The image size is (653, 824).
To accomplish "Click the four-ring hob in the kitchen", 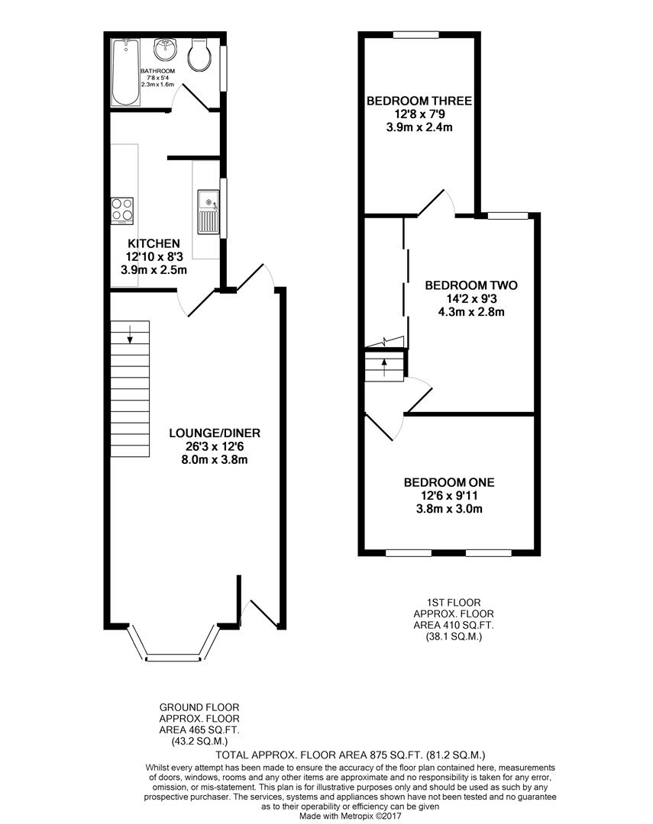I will [122, 209].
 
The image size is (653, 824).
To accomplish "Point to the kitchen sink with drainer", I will [208, 211].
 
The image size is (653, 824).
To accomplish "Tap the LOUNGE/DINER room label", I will [209, 433].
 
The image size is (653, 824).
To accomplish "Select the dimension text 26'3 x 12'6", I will [209, 446].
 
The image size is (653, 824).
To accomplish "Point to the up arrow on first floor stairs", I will [383, 362].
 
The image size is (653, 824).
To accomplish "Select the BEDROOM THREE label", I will [419, 101].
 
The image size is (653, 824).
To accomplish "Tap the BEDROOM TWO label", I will [471, 285].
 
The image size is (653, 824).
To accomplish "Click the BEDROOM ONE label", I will [448, 482].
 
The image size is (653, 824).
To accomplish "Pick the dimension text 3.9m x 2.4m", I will [419, 127].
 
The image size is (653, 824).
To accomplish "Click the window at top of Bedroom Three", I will [415, 34].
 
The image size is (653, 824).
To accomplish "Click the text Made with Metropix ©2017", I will [350, 815].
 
